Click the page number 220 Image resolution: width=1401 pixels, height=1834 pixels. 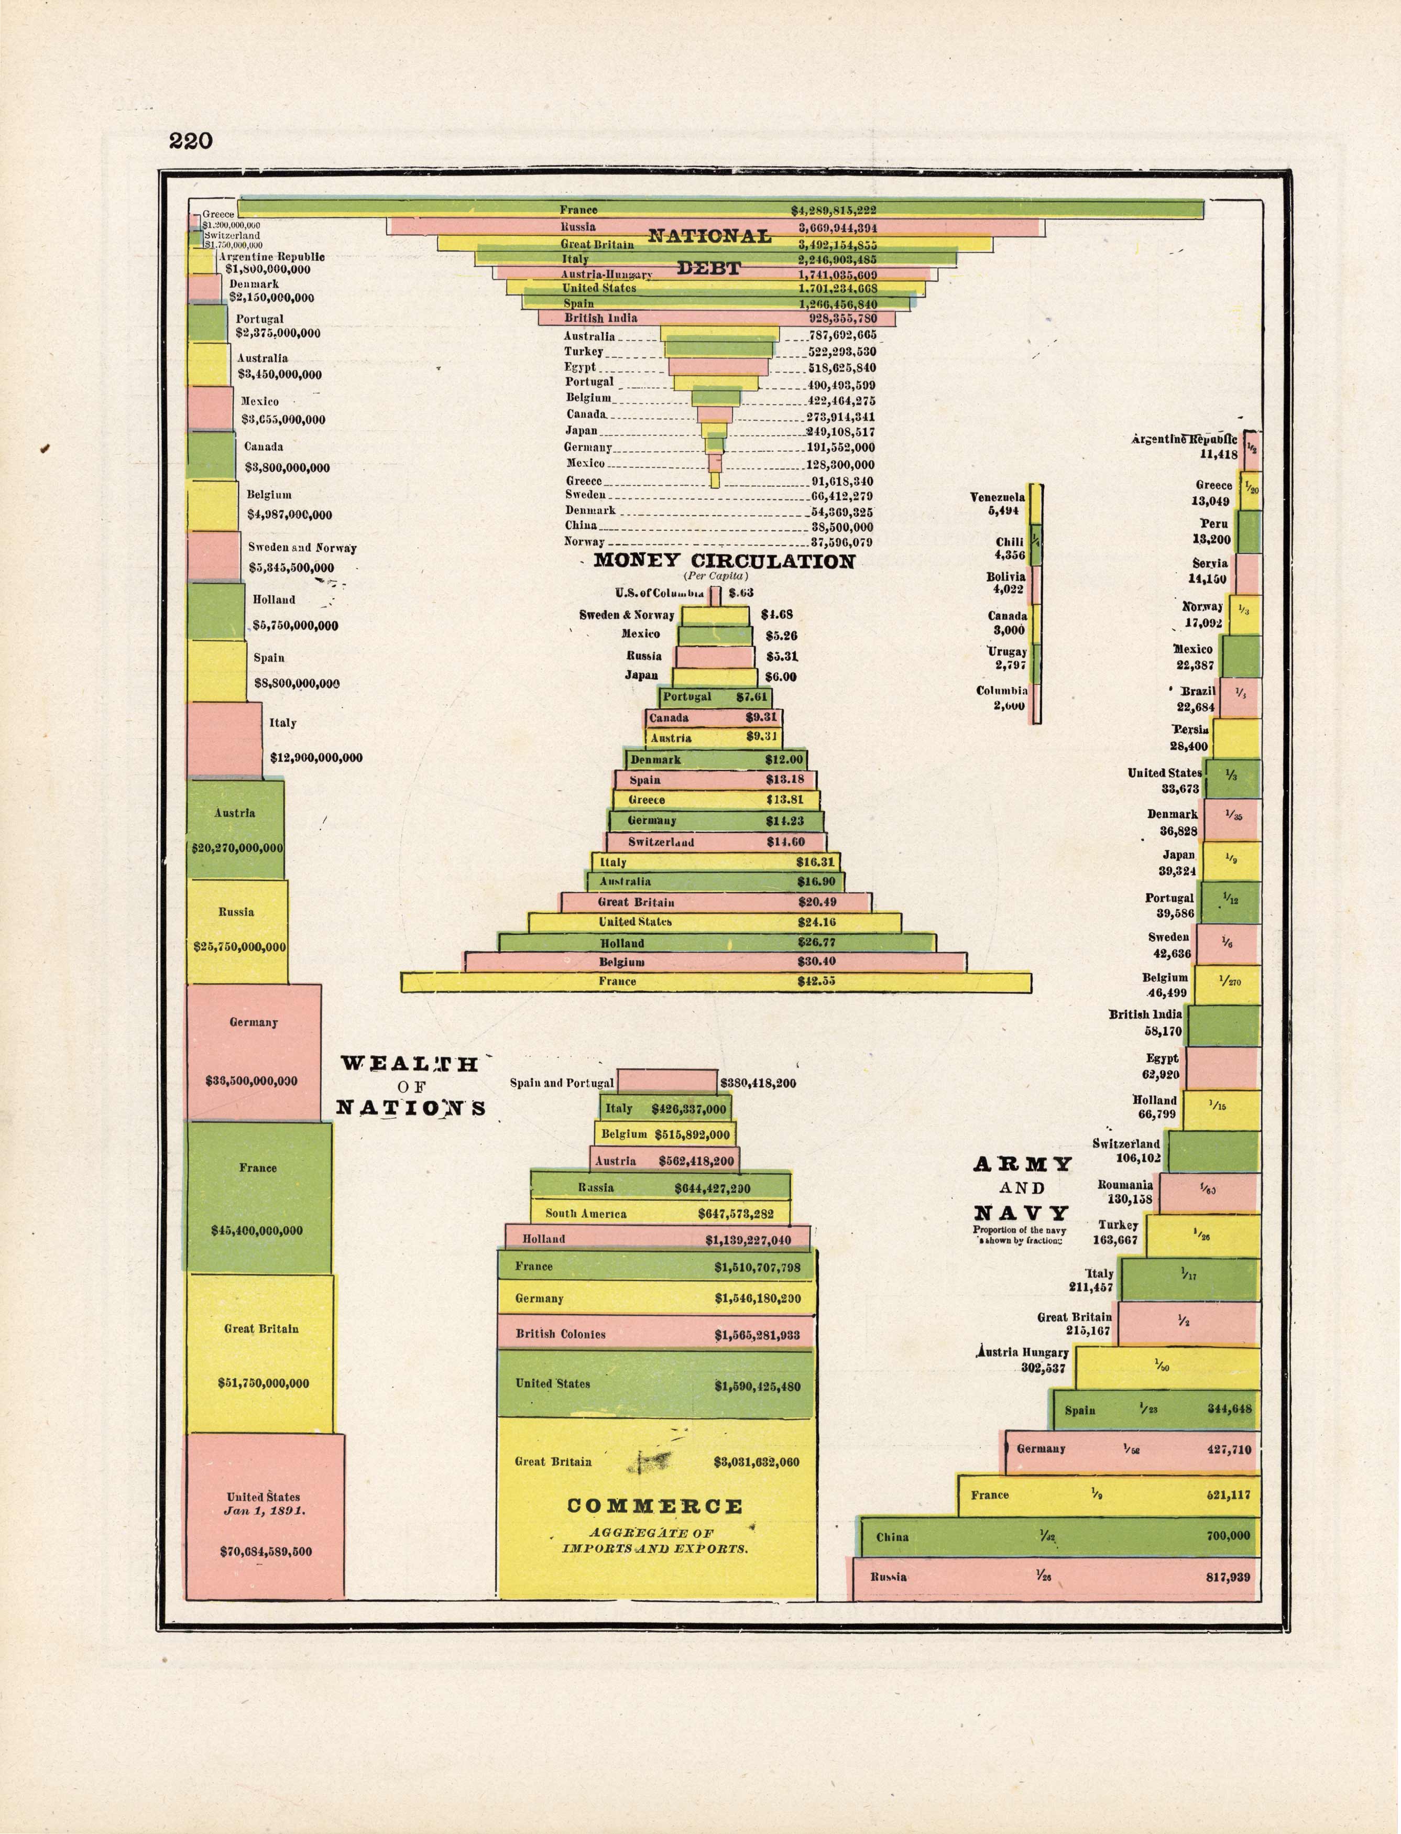191,141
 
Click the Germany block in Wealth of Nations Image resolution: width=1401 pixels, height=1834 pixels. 254,1053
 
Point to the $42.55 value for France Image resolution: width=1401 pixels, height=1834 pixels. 816,981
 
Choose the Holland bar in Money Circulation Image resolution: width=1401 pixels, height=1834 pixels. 716,943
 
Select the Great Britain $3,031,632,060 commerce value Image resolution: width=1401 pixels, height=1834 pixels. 757,1461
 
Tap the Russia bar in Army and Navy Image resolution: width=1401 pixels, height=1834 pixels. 1055,1577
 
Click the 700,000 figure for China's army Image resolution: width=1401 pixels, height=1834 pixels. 1229,1535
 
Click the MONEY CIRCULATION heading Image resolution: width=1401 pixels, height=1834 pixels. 724,561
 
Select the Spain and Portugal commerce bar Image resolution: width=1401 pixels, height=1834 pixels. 666,1081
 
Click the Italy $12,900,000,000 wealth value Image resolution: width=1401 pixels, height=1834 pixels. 316,758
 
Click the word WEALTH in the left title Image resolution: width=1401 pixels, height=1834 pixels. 410,1064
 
